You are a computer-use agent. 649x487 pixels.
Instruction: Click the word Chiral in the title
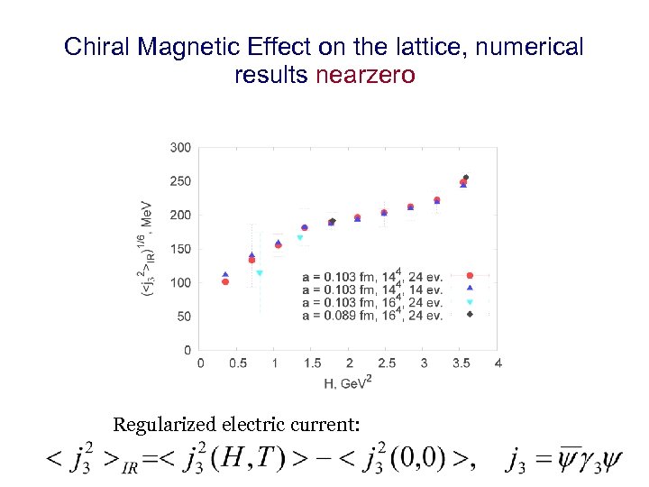coord(96,47)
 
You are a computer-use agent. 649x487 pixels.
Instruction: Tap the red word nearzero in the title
coord(365,75)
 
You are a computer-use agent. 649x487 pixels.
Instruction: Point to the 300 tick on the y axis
coord(180,147)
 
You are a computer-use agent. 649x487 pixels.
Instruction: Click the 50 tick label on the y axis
coord(183,317)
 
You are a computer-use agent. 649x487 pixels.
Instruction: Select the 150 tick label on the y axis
coord(180,249)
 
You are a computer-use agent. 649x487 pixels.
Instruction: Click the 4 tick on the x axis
coord(498,363)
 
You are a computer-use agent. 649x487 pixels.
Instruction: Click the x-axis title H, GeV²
coord(348,382)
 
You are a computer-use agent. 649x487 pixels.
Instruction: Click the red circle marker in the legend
coord(469,276)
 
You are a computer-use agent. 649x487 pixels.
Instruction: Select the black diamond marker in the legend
coord(469,315)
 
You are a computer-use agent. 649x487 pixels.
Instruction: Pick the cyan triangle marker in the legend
coord(469,302)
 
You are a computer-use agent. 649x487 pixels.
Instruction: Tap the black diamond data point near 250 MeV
coord(466,178)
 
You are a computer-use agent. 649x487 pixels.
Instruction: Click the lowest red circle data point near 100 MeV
coord(225,282)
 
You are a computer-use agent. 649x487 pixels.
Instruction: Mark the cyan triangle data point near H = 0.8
coord(260,273)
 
